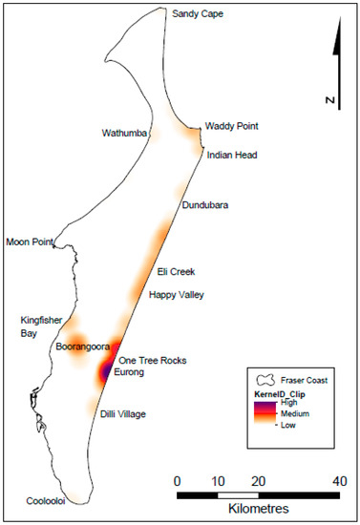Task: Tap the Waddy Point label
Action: pos(232,126)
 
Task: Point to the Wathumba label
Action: pos(125,134)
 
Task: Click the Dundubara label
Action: pos(208,204)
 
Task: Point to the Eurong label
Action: pos(132,373)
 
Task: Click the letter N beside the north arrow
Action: pos(327,99)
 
